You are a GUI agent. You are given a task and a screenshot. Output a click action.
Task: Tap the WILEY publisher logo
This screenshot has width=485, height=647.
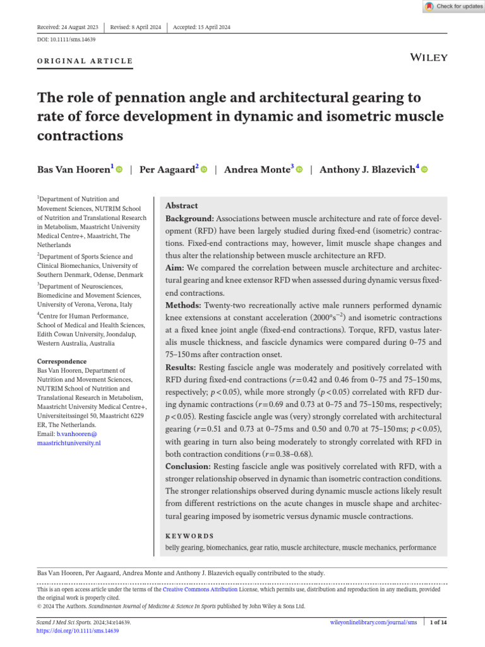coord(429,57)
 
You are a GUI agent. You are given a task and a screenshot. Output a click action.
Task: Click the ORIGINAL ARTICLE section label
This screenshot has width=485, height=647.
coord(85,61)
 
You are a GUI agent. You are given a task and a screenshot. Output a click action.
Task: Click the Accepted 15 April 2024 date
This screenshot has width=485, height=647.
coord(203,27)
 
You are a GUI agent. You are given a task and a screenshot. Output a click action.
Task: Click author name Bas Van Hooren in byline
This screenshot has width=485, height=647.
coord(74,169)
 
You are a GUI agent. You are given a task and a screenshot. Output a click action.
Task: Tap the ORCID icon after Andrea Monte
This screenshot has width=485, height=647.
coord(299,170)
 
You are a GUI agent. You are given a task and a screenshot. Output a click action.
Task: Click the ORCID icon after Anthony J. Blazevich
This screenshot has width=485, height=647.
coord(424,170)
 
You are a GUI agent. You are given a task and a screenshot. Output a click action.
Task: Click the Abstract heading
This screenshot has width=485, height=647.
coord(181,206)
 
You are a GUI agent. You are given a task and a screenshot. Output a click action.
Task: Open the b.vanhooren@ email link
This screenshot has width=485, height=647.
coord(76,434)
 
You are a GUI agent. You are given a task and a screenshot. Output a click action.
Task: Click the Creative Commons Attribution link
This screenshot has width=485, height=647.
coord(200,589)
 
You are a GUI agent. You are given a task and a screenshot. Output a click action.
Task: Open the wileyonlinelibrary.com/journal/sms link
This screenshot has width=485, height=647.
coord(371,622)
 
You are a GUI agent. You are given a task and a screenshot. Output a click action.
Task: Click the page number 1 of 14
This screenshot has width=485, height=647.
coord(438,622)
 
